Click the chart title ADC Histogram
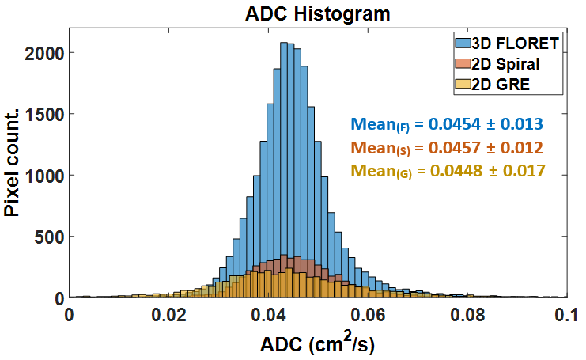318,13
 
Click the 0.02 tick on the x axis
169,314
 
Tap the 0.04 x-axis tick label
269,314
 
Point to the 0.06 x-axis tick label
368,314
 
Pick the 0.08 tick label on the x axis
467,314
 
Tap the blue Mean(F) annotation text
446,124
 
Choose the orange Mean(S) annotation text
446,148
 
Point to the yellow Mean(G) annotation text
446,171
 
